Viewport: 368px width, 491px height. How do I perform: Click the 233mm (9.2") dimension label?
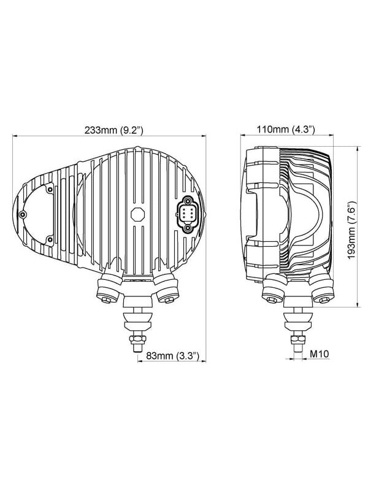click(x=113, y=130)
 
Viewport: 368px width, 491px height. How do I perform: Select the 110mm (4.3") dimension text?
click(x=286, y=129)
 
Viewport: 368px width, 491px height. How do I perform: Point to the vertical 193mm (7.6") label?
click(x=352, y=230)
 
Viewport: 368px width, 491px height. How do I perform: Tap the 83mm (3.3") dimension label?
click(x=173, y=356)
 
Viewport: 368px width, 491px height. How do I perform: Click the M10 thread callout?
click(x=320, y=354)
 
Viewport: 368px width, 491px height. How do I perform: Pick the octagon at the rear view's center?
click(x=137, y=214)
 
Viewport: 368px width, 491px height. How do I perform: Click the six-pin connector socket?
click(x=188, y=214)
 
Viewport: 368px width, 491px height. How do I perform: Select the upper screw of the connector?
click(x=188, y=201)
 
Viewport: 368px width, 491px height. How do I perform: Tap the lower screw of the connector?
click(x=188, y=228)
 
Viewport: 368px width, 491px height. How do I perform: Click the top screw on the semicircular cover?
click(x=50, y=189)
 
